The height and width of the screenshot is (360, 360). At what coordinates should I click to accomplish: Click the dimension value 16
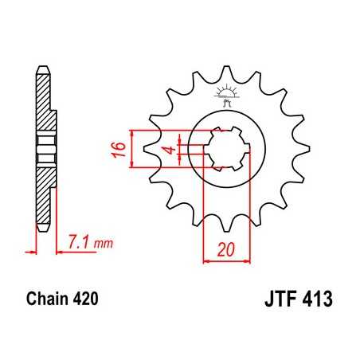click(x=116, y=149)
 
